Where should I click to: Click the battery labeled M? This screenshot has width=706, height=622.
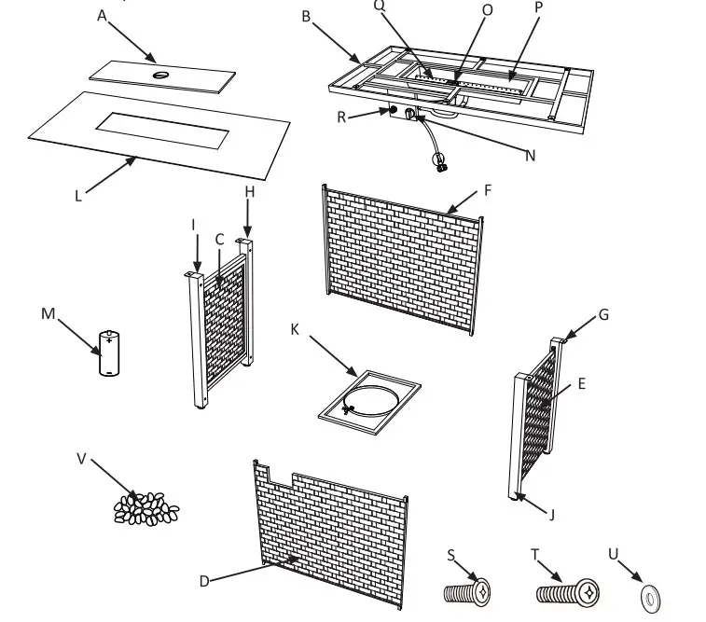point(110,352)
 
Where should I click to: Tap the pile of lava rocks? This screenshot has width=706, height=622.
point(145,507)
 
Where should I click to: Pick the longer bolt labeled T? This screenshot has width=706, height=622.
point(568,590)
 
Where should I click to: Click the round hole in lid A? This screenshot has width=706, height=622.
point(162,74)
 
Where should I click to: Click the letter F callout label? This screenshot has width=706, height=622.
point(486,190)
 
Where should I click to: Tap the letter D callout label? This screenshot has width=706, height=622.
point(204,580)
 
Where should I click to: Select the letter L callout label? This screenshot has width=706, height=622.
point(79,196)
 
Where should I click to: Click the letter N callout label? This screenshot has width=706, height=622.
point(530,156)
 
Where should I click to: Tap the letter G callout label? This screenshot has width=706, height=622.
point(603,314)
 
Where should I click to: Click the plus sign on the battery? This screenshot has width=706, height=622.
point(110,340)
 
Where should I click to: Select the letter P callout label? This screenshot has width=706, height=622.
point(539,6)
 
